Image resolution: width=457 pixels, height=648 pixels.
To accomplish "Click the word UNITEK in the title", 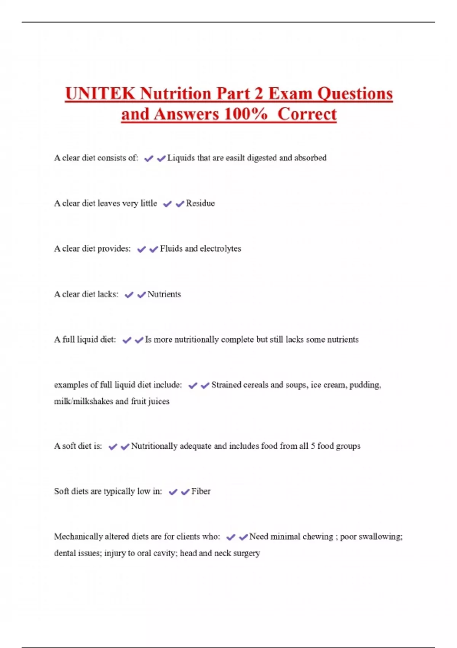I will tap(100, 94).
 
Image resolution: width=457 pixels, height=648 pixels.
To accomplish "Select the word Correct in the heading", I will tap(307, 114).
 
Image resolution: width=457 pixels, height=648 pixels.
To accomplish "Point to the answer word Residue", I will tap(200, 203).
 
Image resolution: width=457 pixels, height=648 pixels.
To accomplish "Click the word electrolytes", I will tap(221, 249).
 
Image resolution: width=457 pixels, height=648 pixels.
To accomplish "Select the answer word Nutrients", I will tap(164, 294).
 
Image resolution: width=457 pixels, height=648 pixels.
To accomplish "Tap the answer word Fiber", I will tap(201, 491).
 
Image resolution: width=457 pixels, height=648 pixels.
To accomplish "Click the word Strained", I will tap(226, 385).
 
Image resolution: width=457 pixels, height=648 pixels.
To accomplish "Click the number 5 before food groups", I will tap(313, 446).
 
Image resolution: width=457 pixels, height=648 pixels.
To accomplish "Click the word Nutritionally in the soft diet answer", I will tap(154, 446).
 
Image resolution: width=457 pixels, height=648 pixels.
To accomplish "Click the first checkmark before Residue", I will tap(167, 204).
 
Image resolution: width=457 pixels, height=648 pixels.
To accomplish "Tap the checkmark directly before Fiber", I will tap(185, 492).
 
